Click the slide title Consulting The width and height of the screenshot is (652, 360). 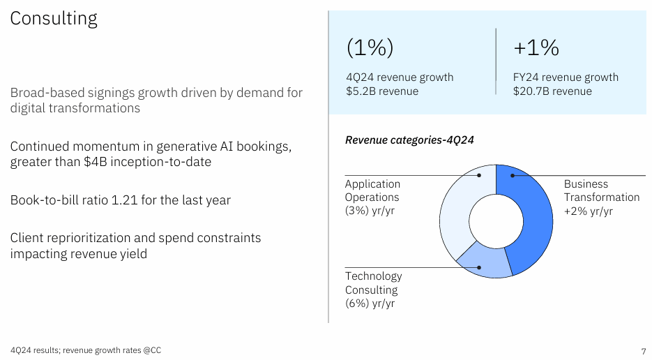pos(54,18)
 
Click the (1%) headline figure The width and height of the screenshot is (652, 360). pos(370,47)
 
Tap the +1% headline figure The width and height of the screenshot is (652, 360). pos(536,47)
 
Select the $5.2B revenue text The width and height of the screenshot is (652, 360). pos(382,91)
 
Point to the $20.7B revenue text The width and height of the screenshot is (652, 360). pos(552,91)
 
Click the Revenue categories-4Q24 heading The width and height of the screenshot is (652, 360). pos(409,140)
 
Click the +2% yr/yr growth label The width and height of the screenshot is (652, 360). pos(588,211)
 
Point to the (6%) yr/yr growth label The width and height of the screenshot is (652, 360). pos(370,303)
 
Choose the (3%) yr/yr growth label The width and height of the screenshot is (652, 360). pos(370,211)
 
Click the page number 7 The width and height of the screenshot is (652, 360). pos(642,350)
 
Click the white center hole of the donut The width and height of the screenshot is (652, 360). pos(496,222)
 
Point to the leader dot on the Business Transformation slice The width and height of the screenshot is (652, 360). pos(511,176)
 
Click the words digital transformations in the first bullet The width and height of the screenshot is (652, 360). pos(75,109)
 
